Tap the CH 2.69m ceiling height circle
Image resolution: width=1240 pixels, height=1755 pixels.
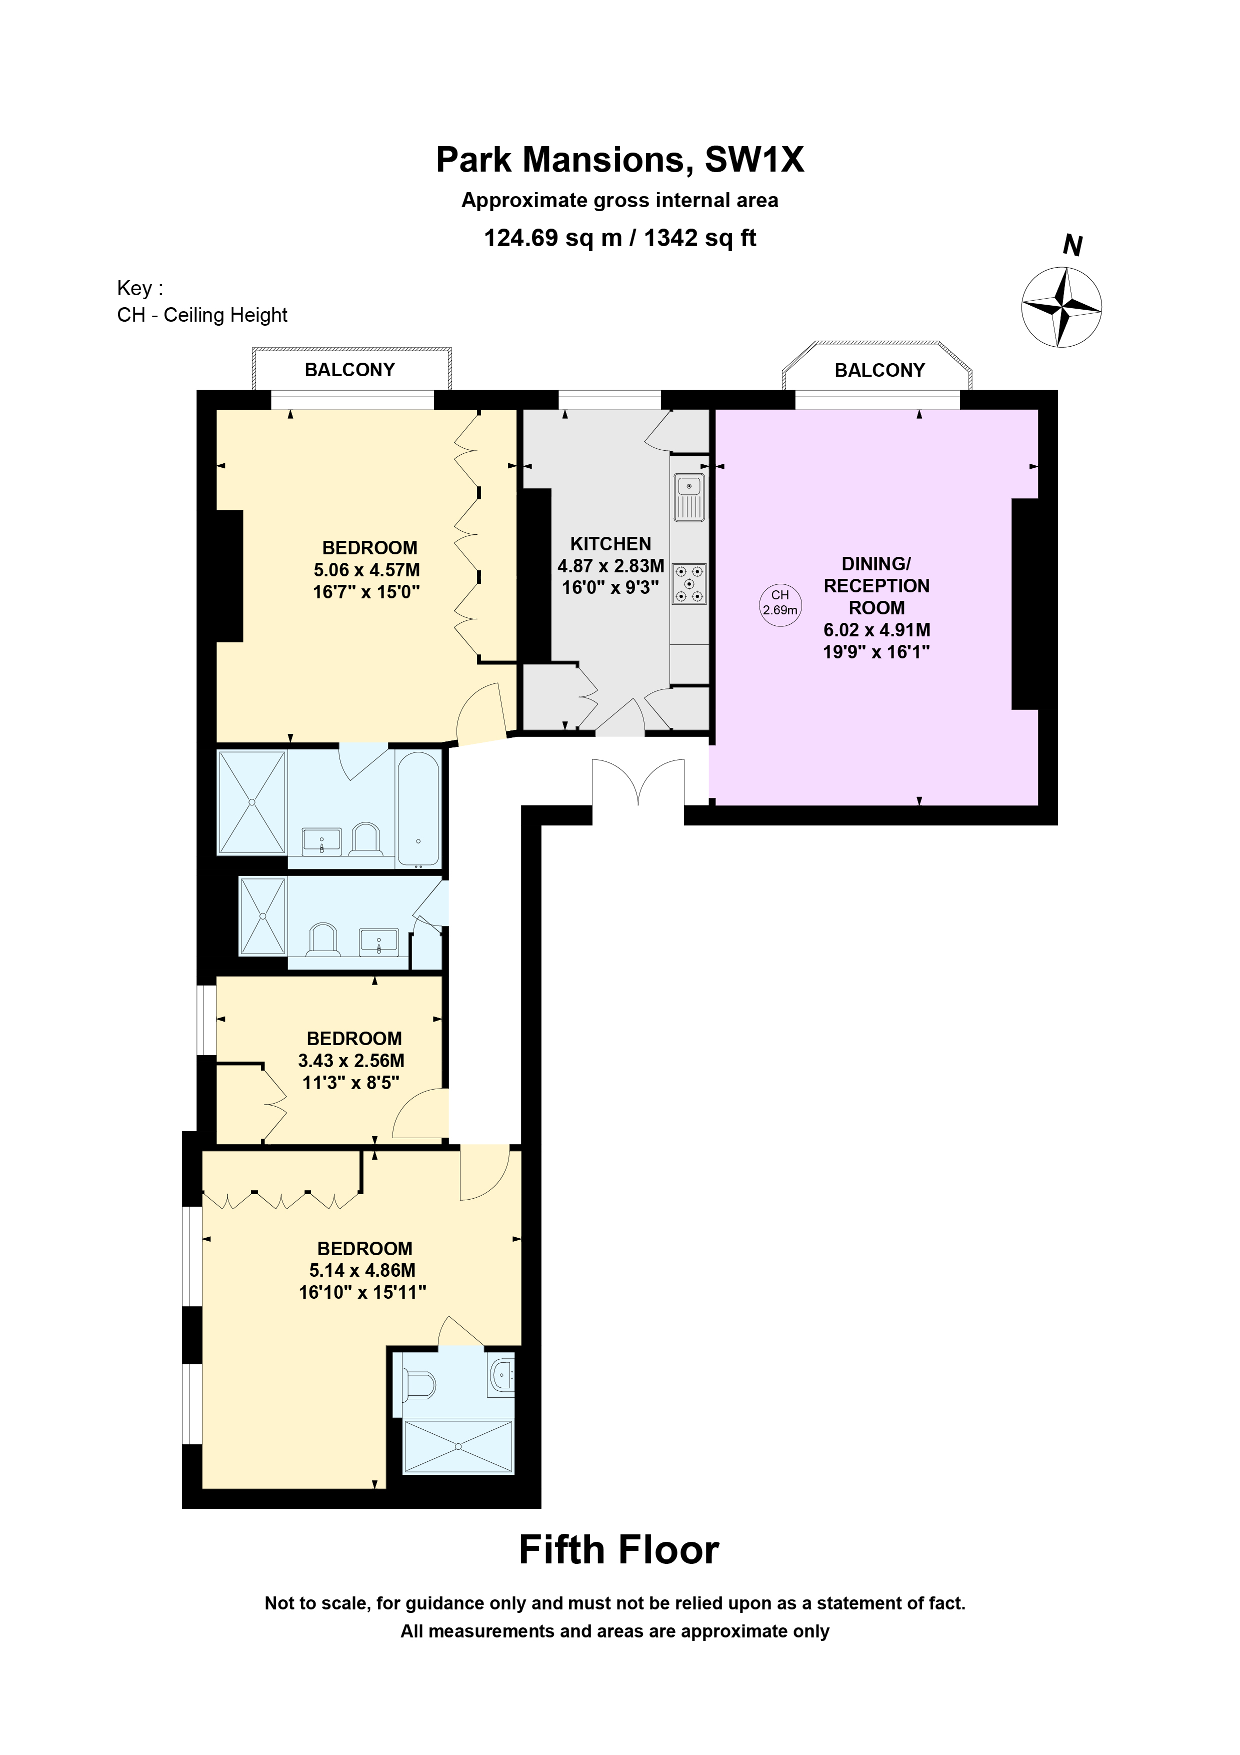coord(779,604)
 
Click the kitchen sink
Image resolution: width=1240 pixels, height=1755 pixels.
coord(688,497)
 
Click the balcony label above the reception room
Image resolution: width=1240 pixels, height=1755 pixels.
coord(879,371)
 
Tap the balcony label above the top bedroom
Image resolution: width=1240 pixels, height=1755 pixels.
coord(350,370)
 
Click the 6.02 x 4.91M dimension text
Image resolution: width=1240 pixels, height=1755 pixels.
coord(876,630)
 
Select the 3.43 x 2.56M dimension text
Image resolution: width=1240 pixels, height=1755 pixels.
coord(351,1060)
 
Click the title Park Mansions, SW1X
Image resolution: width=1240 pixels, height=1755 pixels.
coord(619,160)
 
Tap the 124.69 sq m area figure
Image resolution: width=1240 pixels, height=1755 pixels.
coord(553,238)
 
